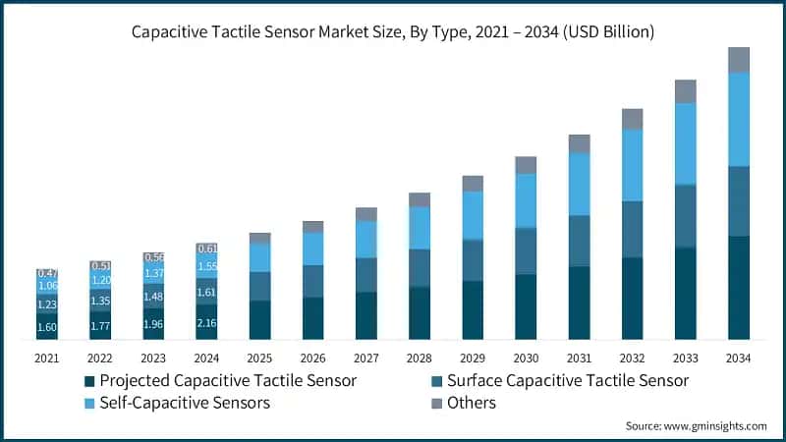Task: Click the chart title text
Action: click(393, 32)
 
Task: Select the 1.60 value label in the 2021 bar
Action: click(47, 328)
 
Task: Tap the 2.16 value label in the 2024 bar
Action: click(206, 322)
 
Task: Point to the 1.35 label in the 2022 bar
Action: click(100, 301)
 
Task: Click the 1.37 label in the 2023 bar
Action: click(153, 274)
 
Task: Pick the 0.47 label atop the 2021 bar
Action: click(47, 273)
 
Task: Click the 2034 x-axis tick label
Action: click(738, 359)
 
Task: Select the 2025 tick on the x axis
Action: click(259, 359)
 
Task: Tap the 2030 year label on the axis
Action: click(526, 359)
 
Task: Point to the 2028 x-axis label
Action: click(420, 359)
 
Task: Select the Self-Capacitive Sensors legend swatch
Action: click(89, 403)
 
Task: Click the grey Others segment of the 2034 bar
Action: click(738, 59)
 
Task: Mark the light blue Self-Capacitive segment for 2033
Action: click(685, 143)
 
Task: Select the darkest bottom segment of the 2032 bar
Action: click(632, 299)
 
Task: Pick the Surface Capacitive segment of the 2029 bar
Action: click(473, 260)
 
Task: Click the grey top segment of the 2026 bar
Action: click(312, 227)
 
